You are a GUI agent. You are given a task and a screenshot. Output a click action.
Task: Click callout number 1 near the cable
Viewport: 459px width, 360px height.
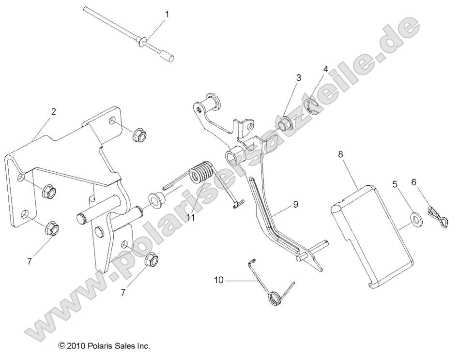pos(167,15)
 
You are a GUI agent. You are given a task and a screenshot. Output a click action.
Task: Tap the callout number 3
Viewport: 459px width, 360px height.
pos(299,77)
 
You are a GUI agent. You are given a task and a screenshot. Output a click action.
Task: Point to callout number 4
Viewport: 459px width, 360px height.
pos(326,69)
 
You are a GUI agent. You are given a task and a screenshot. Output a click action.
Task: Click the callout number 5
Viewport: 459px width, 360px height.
pos(395,184)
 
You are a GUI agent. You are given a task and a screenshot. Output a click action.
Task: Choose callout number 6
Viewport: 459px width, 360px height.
pos(413,182)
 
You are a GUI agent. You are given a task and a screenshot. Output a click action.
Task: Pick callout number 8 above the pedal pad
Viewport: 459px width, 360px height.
pos(340,154)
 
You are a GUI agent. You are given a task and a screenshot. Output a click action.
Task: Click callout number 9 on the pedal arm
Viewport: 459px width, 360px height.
pos(295,204)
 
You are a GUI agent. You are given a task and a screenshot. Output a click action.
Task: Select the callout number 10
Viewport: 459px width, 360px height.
pos(219,280)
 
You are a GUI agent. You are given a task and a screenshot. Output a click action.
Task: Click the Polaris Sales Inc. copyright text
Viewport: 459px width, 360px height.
pos(104,346)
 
